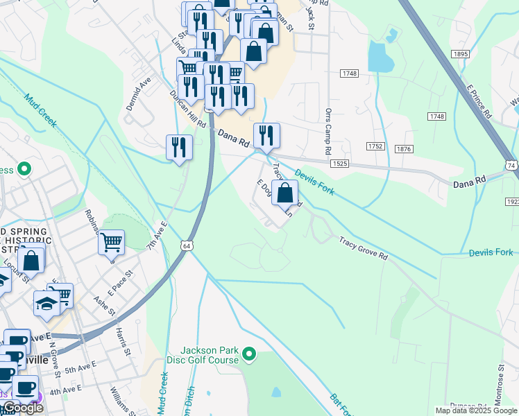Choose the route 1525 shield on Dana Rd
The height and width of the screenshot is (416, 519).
[x=339, y=163]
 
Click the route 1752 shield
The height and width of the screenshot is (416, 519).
[x=376, y=146]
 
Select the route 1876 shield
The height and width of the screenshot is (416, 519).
[x=404, y=148]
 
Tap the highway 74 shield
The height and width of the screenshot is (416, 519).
[x=511, y=166]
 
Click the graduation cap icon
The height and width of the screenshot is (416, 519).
[x=47, y=303]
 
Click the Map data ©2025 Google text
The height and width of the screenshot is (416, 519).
[x=475, y=410]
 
